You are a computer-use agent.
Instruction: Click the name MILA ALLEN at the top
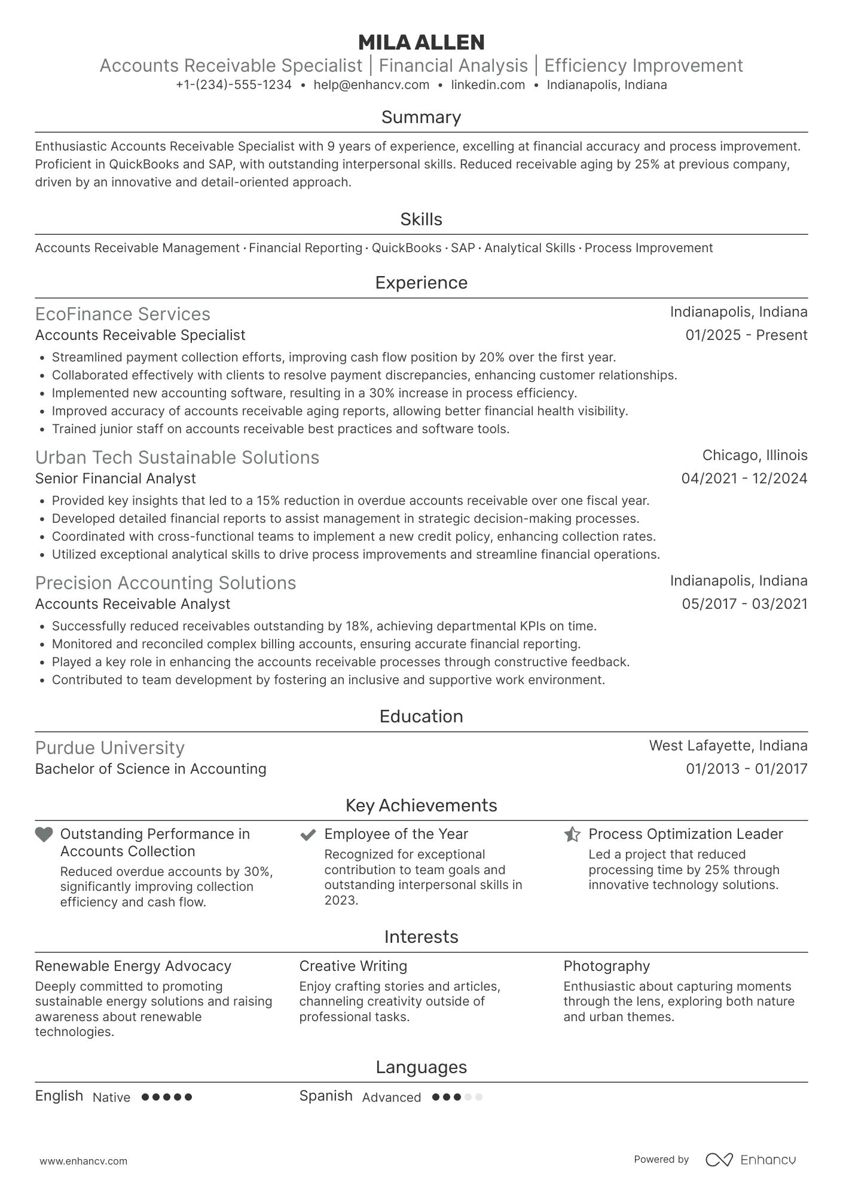coord(421,42)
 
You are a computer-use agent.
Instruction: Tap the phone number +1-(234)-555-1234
coord(234,85)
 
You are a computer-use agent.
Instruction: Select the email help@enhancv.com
coord(371,85)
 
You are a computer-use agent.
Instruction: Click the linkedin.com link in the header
coord(488,85)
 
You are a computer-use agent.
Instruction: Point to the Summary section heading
coord(421,117)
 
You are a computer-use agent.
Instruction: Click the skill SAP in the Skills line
coord(463,248)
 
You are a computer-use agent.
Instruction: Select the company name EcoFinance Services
coord(123,314)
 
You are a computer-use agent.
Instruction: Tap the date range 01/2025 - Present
coord(746,335)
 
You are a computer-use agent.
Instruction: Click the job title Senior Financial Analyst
coord(115,479)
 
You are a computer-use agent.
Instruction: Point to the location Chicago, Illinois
coord(755,455)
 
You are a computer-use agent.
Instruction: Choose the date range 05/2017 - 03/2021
coord(744,604)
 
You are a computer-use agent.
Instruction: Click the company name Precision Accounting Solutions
coord(166,583)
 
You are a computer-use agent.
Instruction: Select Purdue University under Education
coord(110,748)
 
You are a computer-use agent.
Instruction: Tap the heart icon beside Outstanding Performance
coord(44,835)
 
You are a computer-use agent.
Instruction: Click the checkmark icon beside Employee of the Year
coord(308,835)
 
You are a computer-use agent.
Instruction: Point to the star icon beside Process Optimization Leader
coord(572,834)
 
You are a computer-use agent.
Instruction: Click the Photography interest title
coord(606,966)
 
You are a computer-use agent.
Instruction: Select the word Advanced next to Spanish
coord(392,1098)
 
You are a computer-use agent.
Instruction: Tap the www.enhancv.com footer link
coord(84,1162)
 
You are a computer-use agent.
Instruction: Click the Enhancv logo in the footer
coord(751,1160)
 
